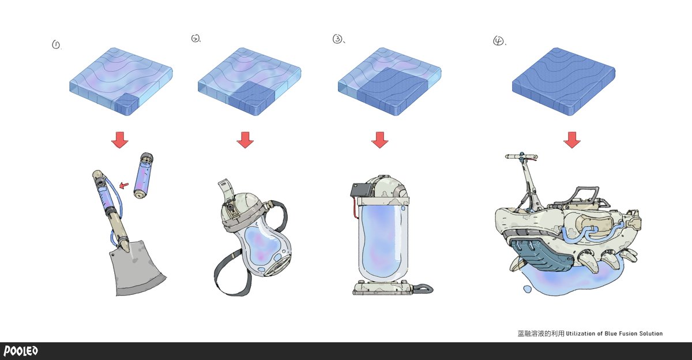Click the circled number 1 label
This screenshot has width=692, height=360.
56,45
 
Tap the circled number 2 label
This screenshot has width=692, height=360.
195,38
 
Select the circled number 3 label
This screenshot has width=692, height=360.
337,39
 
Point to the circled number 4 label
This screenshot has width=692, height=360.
498,41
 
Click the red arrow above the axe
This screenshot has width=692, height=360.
120,140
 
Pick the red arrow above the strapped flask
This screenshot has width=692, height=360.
245,140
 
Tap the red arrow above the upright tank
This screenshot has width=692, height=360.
380,140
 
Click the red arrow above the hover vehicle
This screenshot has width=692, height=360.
572,140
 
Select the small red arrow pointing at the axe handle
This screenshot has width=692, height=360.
124,185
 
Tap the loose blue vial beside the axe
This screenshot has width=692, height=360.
144,175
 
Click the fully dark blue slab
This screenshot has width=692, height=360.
563,81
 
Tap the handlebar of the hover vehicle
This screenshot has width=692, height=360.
521,157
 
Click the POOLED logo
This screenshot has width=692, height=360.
21,351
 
